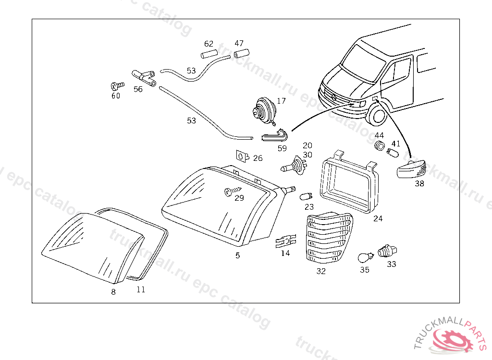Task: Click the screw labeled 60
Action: point(117,85)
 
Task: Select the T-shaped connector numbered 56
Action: point(144,77)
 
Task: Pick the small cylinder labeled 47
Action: point(241,53)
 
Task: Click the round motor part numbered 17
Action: point(264,110)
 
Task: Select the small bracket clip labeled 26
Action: point(243,156)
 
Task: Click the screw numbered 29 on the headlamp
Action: point(232,191)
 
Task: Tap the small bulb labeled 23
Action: point(306,197)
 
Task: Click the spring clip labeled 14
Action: point(286,241)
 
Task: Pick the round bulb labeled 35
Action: point(366,257)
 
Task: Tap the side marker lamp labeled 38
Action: point(411,169)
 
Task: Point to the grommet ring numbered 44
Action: point(380,145)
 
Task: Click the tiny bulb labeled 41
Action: point(393,153)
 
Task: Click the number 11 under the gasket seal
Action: point(141,289)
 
